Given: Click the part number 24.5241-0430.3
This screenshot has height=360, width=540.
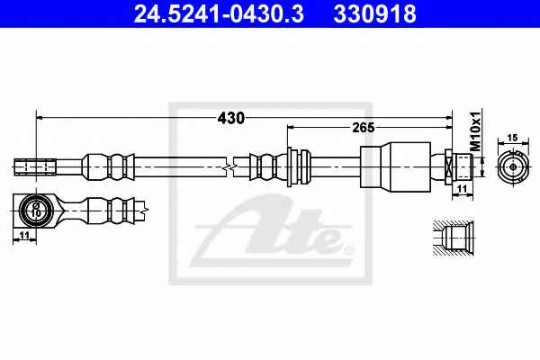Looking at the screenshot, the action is coord(219,13).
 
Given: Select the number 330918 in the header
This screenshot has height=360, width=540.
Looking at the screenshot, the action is coord(375,13).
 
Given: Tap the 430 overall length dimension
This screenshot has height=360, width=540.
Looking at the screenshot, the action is coord(230,118).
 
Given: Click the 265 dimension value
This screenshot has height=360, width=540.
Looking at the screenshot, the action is coord(364,128).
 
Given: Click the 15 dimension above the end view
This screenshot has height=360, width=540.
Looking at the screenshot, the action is coord(512,138).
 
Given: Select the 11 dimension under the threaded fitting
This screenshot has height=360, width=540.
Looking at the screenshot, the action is coord(463,189).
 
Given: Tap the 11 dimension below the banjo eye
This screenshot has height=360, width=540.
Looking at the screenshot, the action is coord(23,235).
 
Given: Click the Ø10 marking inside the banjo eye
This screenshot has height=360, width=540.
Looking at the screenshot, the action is coord(35,210).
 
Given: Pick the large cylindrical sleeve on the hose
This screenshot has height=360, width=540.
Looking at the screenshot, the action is coord(395,165).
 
